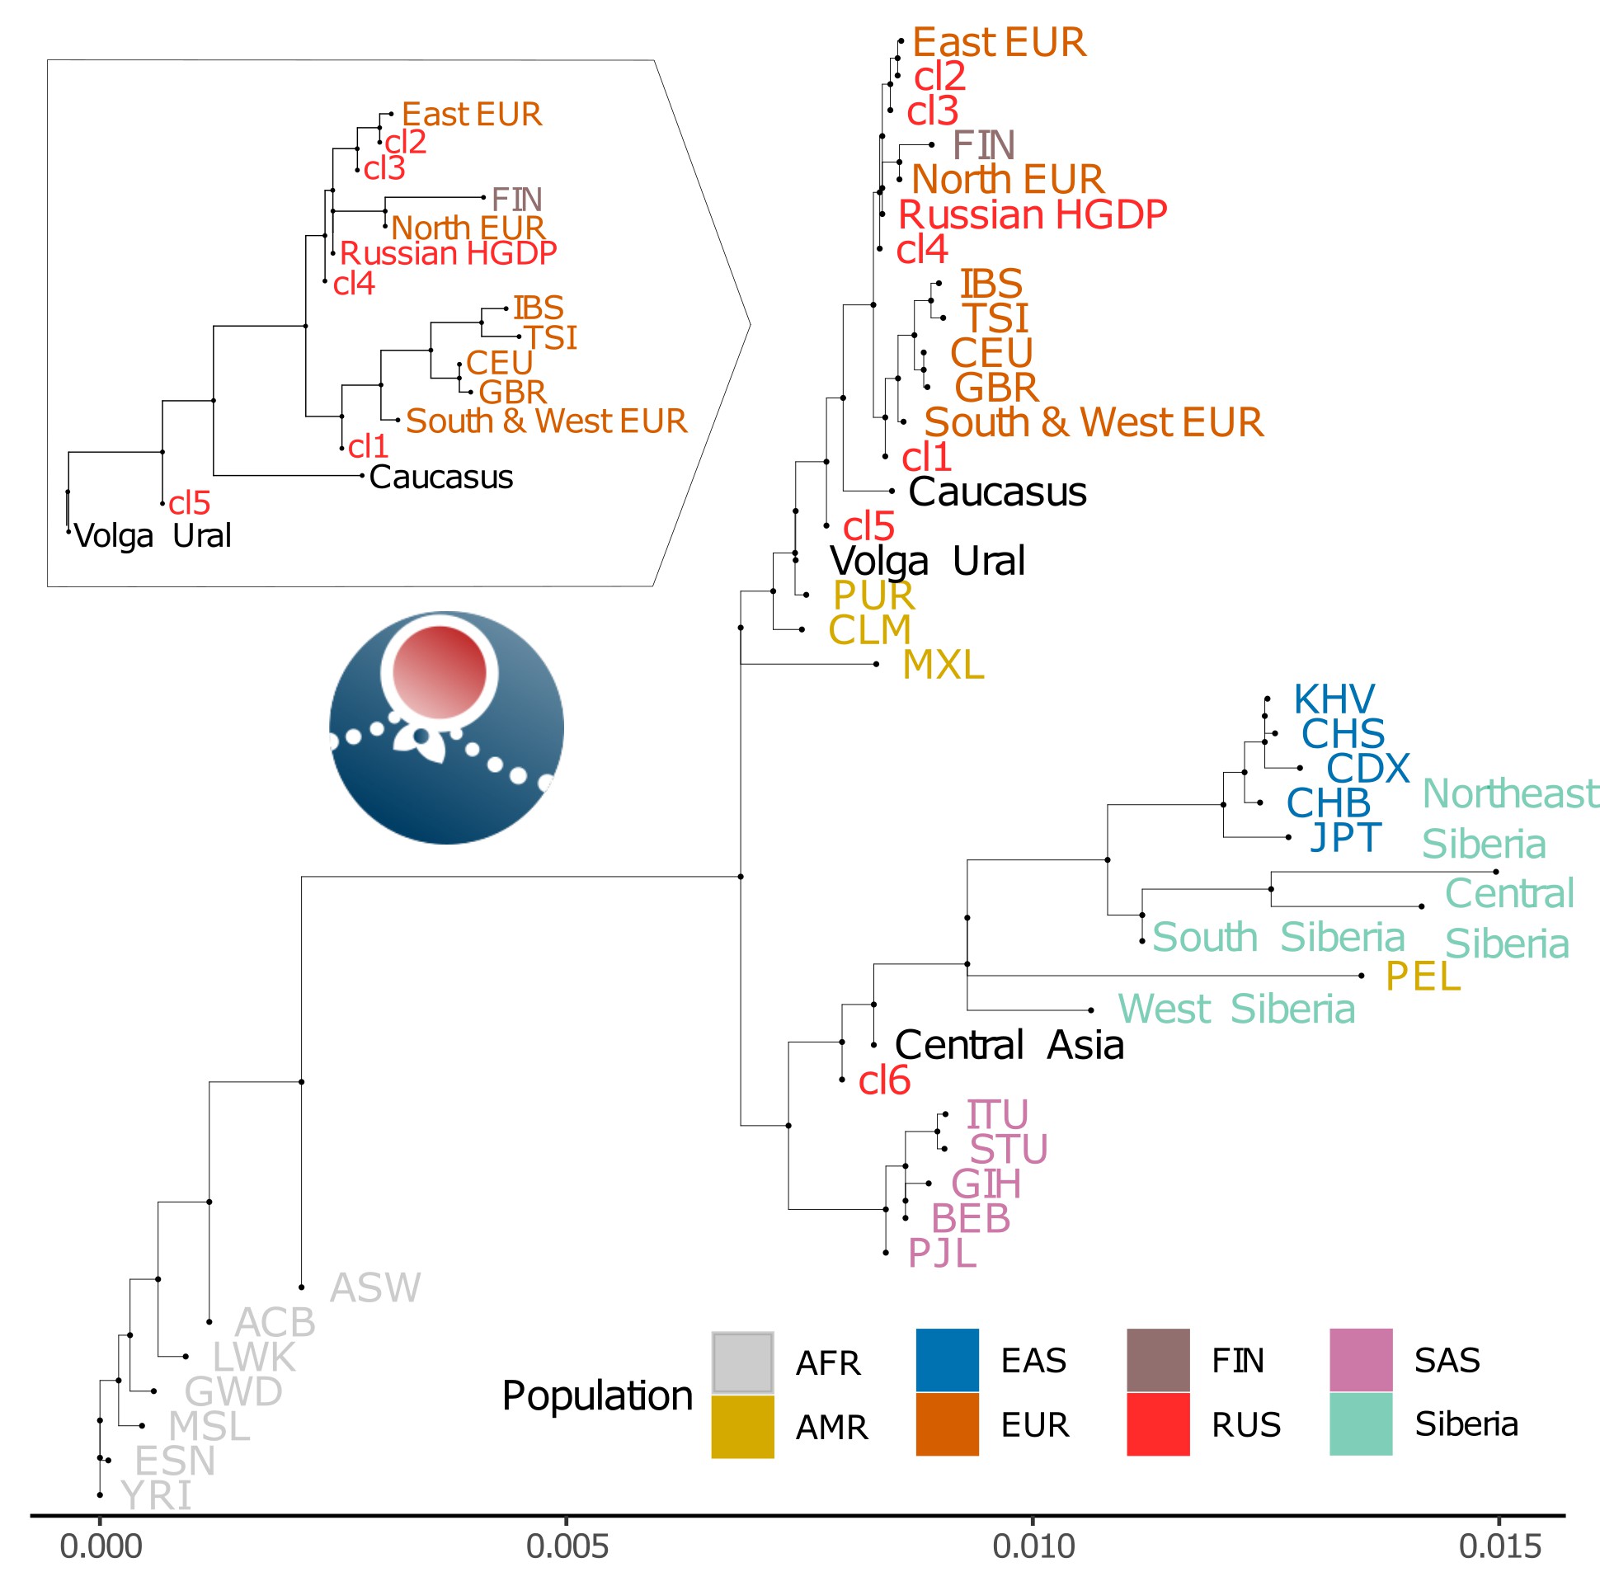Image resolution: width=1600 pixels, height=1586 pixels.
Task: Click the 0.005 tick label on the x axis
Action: click(567, 1546)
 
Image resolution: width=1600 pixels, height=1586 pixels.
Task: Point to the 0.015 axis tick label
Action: click(1499, 1546)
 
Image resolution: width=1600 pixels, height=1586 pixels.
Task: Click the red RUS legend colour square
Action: click(1157, 1424)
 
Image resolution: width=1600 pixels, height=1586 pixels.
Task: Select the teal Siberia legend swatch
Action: click(1360, 1424)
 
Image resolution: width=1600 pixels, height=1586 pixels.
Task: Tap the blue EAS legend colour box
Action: click(947, 1359)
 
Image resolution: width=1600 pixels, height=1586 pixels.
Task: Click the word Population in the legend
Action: click(597, 1395)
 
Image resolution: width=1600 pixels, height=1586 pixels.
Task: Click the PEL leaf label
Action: click(1422, 977)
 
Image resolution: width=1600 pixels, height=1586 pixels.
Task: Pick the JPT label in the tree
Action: click(1345, 837)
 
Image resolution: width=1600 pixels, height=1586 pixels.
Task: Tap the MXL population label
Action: click(943, 664)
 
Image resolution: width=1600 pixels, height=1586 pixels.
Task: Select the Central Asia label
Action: click(1009, 1045)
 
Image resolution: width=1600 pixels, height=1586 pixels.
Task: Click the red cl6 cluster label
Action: click(883, 1080)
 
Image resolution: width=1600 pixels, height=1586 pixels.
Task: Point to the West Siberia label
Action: click(1235, 1009)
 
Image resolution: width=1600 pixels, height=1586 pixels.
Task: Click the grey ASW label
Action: click(375, 1287)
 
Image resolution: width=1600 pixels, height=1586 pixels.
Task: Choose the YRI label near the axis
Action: click(156, 1496)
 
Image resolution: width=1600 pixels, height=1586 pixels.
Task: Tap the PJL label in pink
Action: click(942, 1253)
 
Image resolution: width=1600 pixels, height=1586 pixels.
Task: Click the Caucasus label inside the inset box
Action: click(440, 477)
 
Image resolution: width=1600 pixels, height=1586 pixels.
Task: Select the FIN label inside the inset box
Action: click(516, 200)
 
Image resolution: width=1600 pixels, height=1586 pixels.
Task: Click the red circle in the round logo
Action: click(439, 671)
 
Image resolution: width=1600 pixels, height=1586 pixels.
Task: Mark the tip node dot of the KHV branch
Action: click(1267, 699)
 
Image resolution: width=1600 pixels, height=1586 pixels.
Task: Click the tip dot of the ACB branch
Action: click(209, 1322)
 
